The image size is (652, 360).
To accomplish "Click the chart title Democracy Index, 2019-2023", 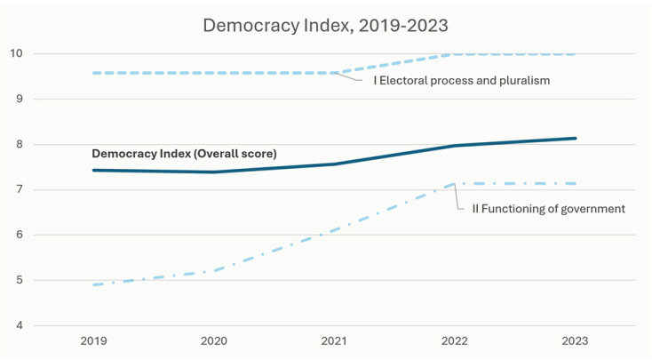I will pos(326,24).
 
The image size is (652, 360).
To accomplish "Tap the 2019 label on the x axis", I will pos(93,340).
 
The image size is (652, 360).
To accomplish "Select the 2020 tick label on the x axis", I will pos(213,340).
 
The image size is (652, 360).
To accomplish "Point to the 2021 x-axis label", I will pos(334,340).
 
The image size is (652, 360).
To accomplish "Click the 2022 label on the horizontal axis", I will pos(455,340).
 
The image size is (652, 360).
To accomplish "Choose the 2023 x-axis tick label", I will pos(575,340).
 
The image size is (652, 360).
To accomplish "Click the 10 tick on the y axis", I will pos(16,53).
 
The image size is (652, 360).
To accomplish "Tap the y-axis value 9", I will pos(19,99).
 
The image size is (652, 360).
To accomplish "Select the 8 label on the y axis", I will pos(19,144).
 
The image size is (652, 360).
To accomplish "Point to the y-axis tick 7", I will pos(19,189).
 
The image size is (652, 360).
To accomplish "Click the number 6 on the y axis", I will pos(19,235).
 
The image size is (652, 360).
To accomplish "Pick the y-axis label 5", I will pos(19,280).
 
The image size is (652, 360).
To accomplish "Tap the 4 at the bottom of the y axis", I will pos(19,325).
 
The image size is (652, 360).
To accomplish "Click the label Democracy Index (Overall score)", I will pos(184,154).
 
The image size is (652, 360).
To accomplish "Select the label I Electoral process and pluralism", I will pos(460,81).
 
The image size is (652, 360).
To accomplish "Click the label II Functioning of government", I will pos(542,209).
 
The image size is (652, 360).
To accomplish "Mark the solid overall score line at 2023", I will pos(575,138).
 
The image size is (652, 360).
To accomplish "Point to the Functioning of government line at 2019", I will pos(94,284).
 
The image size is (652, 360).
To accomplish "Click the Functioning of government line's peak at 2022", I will pos(455,184).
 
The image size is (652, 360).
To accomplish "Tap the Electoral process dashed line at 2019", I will pos(94,73).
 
